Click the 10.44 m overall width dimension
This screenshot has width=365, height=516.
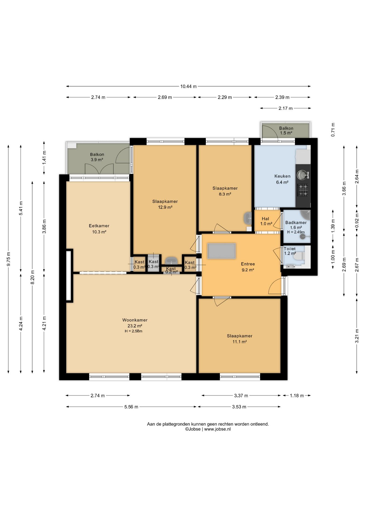coord(188,86)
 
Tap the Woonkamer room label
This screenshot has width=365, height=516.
coord(135,320)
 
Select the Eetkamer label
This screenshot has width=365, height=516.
coord(99,226)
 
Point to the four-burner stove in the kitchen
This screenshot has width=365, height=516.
coord(303,190)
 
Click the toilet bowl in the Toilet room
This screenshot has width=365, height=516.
coord(299,256)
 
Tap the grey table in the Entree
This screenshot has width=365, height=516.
coord(221,251)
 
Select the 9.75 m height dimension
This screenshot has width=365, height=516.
coord(8,259)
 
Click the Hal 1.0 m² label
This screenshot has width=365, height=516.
coord(266,221)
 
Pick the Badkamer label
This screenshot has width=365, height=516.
coord(296,223)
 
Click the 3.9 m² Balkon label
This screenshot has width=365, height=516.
coord(97,157)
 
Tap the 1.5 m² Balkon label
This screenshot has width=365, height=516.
coord(286,131)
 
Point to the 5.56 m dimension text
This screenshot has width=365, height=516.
coord(131,407)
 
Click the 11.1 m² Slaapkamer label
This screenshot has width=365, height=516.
coord(239,339)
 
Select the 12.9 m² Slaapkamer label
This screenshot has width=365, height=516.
coord(165,204)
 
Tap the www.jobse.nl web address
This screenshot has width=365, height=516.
coord(217,429)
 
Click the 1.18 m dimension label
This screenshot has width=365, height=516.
coord(297,396)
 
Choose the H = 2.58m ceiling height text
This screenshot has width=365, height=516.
coord(134,331)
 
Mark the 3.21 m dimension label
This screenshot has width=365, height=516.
coord(357,336)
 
